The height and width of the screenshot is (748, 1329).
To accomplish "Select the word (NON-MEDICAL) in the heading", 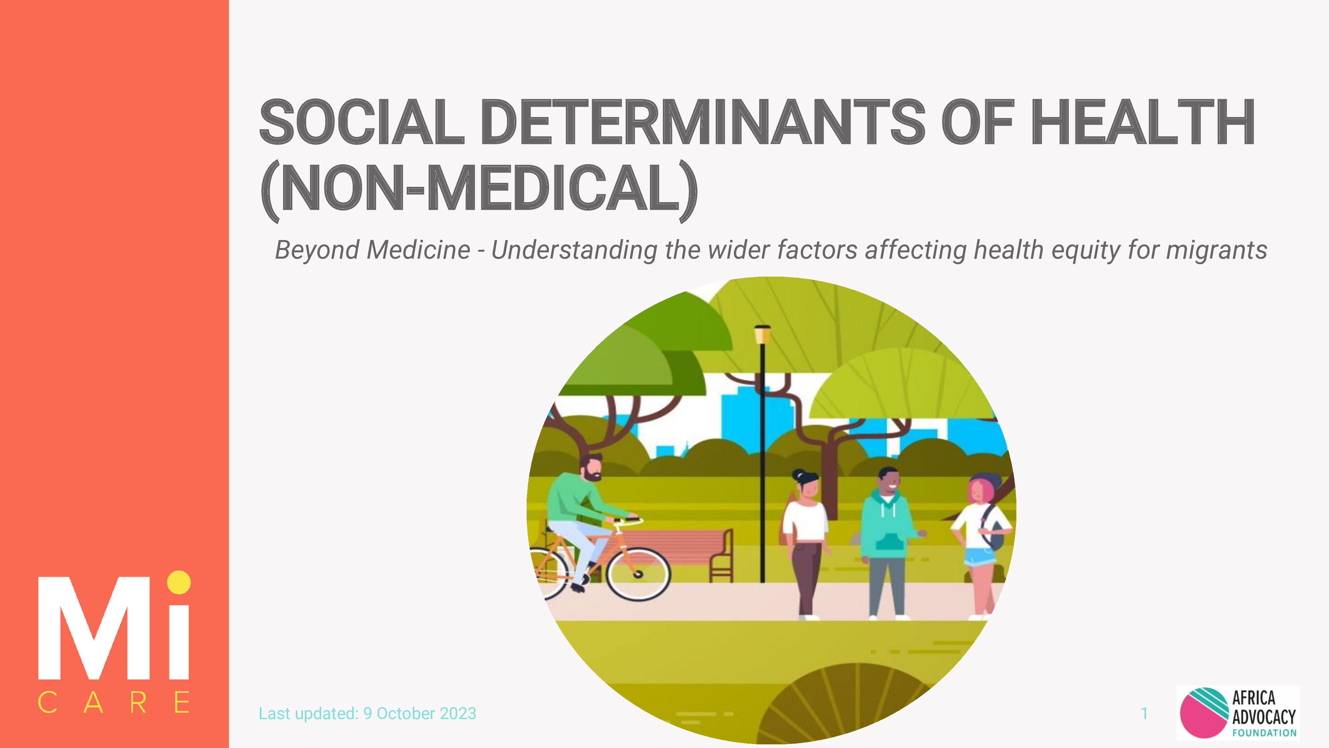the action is click(479, 189).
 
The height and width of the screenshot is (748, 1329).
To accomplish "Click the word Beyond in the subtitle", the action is click(317, 250).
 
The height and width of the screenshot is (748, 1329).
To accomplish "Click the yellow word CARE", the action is click(114, 702).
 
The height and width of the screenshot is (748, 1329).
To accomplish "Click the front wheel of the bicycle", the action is click(638, 573).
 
